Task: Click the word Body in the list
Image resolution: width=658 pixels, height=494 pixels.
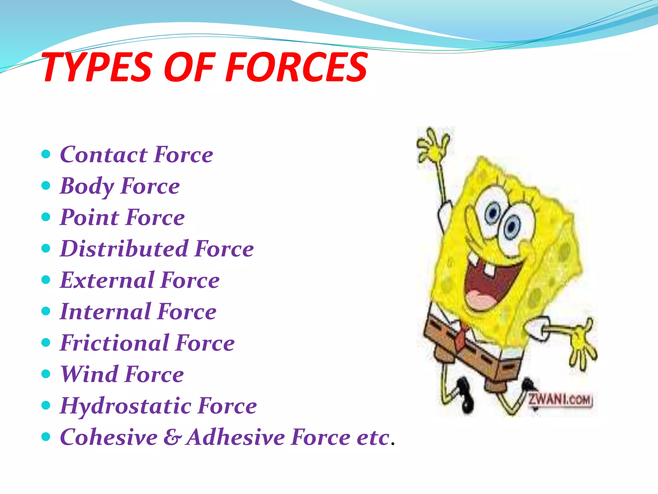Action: tap(87, 186)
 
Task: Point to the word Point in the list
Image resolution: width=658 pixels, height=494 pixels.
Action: tap(89, 217)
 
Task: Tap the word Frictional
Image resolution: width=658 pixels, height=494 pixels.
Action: tap(114, 343)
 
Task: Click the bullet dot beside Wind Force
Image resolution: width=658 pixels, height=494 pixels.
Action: tap(46, 374)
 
